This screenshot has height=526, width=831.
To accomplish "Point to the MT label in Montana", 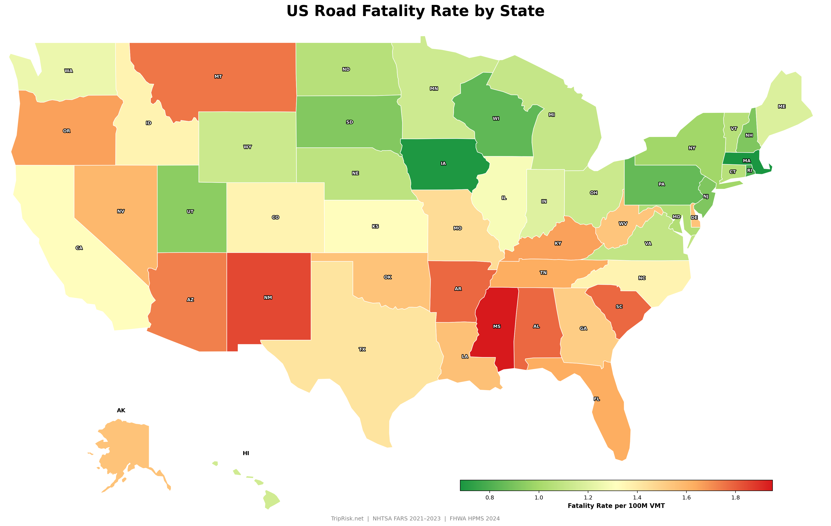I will pyautogui.click(x=218, y=76).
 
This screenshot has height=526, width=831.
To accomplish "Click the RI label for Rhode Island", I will pyautogui.click(x=750, y=170).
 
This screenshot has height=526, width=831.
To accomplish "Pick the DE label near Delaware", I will pyautogui.click(x=694, y=218).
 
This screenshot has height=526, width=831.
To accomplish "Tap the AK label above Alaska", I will pyautogui.click(x=121, y=410).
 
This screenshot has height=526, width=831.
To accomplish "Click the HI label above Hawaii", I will pyautogui.click(x=246, y=453).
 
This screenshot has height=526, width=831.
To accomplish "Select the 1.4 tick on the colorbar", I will pyautogui.click(x=637, y=497).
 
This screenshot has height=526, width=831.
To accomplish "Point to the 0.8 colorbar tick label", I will pyautogui.click(x=489, y=497).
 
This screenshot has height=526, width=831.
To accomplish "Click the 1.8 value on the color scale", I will pyautogui.click(x=736, y=497).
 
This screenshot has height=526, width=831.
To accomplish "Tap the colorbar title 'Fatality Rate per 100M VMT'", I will pyautogui.click(x=616, y=506).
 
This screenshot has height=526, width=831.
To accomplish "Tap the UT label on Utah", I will pyautogui.click(x=190, y=212).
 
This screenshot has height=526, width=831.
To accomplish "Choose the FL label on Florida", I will pyautogui.click(x=597, y=399).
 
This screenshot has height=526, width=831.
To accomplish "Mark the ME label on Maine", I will pyautogui.click(x=782, y=107).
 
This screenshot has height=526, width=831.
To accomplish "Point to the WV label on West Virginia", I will pyautogui.click(x=623, y=223).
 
